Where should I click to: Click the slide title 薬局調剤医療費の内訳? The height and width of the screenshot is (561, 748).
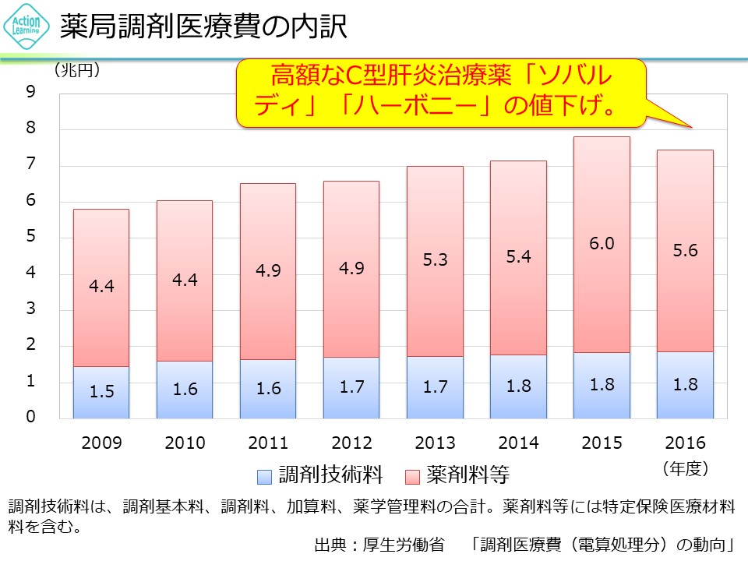click(204, 28)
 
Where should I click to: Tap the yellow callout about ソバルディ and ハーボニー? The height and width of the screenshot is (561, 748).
click(441, 92)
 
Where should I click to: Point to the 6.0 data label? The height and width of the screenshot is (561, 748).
click(602, 244)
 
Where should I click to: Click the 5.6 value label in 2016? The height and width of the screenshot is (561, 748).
click(685, 251)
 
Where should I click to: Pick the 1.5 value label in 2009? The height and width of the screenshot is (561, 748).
click(101, 392)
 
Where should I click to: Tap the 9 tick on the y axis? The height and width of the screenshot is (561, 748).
click(30, 93)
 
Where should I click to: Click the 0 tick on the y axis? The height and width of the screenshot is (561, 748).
click(30, 418)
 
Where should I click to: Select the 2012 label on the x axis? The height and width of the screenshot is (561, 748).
click(351, 443)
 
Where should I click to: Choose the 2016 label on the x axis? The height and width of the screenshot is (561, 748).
click(685, 443)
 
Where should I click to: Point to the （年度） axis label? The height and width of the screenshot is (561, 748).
click(685, 468)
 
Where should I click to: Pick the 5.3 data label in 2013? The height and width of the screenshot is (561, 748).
click(435, 260)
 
